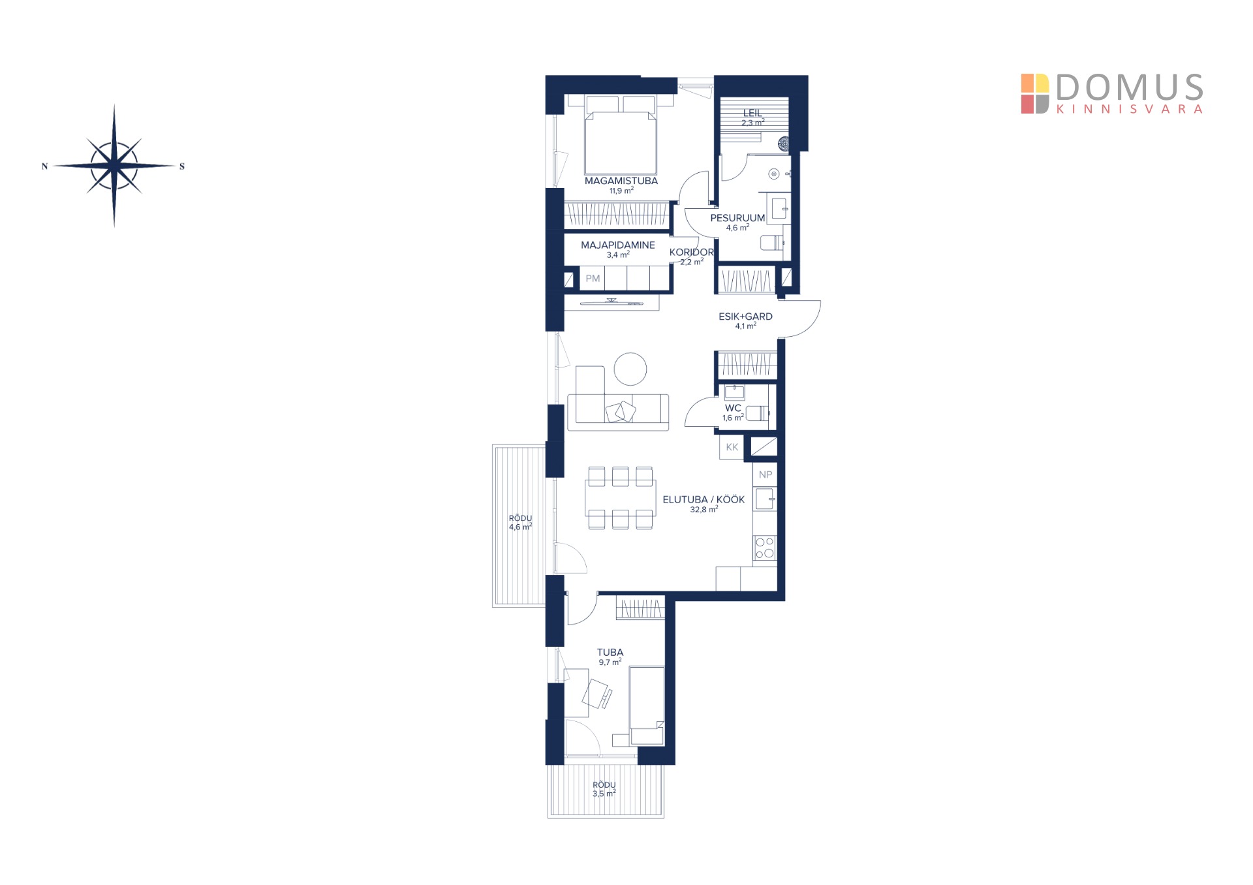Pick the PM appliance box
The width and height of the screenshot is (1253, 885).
click(x=593, y=279)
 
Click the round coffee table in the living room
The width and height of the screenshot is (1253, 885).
click(x=630, y=369)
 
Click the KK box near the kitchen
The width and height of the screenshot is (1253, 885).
click(x=732, y=447)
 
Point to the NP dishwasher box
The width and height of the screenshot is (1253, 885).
click(x=766, y=474)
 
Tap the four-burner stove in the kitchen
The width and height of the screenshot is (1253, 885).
click(x=765, y=548)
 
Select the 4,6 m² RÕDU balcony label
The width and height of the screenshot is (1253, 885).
click(x=520, y=523)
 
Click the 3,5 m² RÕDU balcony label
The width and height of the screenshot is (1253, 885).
click(x=604, y=790)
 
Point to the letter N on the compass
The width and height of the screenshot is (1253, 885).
click(x=44, y=166)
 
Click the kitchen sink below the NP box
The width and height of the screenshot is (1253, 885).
click(x=765, y=499)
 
